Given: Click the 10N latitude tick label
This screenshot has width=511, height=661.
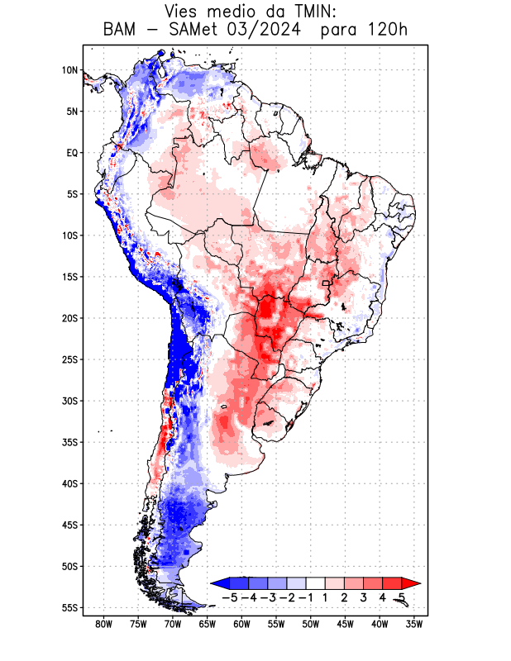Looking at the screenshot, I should pyautogui.click(x=69, y=70).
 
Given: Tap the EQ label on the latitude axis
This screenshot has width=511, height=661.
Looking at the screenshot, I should pyautogui.click(x=71, y=153).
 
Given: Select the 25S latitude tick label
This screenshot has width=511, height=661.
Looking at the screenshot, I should pyautogui.click(x=69, y=359).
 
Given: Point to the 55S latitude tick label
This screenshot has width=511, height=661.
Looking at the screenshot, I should pyautogui.click(x=69, y=607).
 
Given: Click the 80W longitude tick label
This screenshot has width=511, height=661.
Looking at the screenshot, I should pyautogui.click(x=104, y=624).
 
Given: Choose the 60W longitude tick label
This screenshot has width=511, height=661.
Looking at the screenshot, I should pyautogui.click(x=242, y=624).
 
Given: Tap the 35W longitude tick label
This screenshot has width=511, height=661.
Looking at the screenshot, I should pyautogui.click(x=415, y=624).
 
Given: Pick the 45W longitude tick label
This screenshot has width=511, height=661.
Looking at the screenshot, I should pyautogui.click(x=346, y=624).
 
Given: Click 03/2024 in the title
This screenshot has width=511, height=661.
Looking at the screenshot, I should pyautogui.click(x=284, y=31).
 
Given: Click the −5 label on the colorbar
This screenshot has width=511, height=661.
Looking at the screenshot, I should pyautogui.click(x=229, y=597).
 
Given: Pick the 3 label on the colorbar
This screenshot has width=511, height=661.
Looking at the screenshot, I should pyautogui.click(x=364, y=597).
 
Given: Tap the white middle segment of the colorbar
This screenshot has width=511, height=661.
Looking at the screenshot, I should pyautogui.click(x=315, y=583).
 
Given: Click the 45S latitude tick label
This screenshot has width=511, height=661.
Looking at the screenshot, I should pyautogui.click(x=69, y=525).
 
